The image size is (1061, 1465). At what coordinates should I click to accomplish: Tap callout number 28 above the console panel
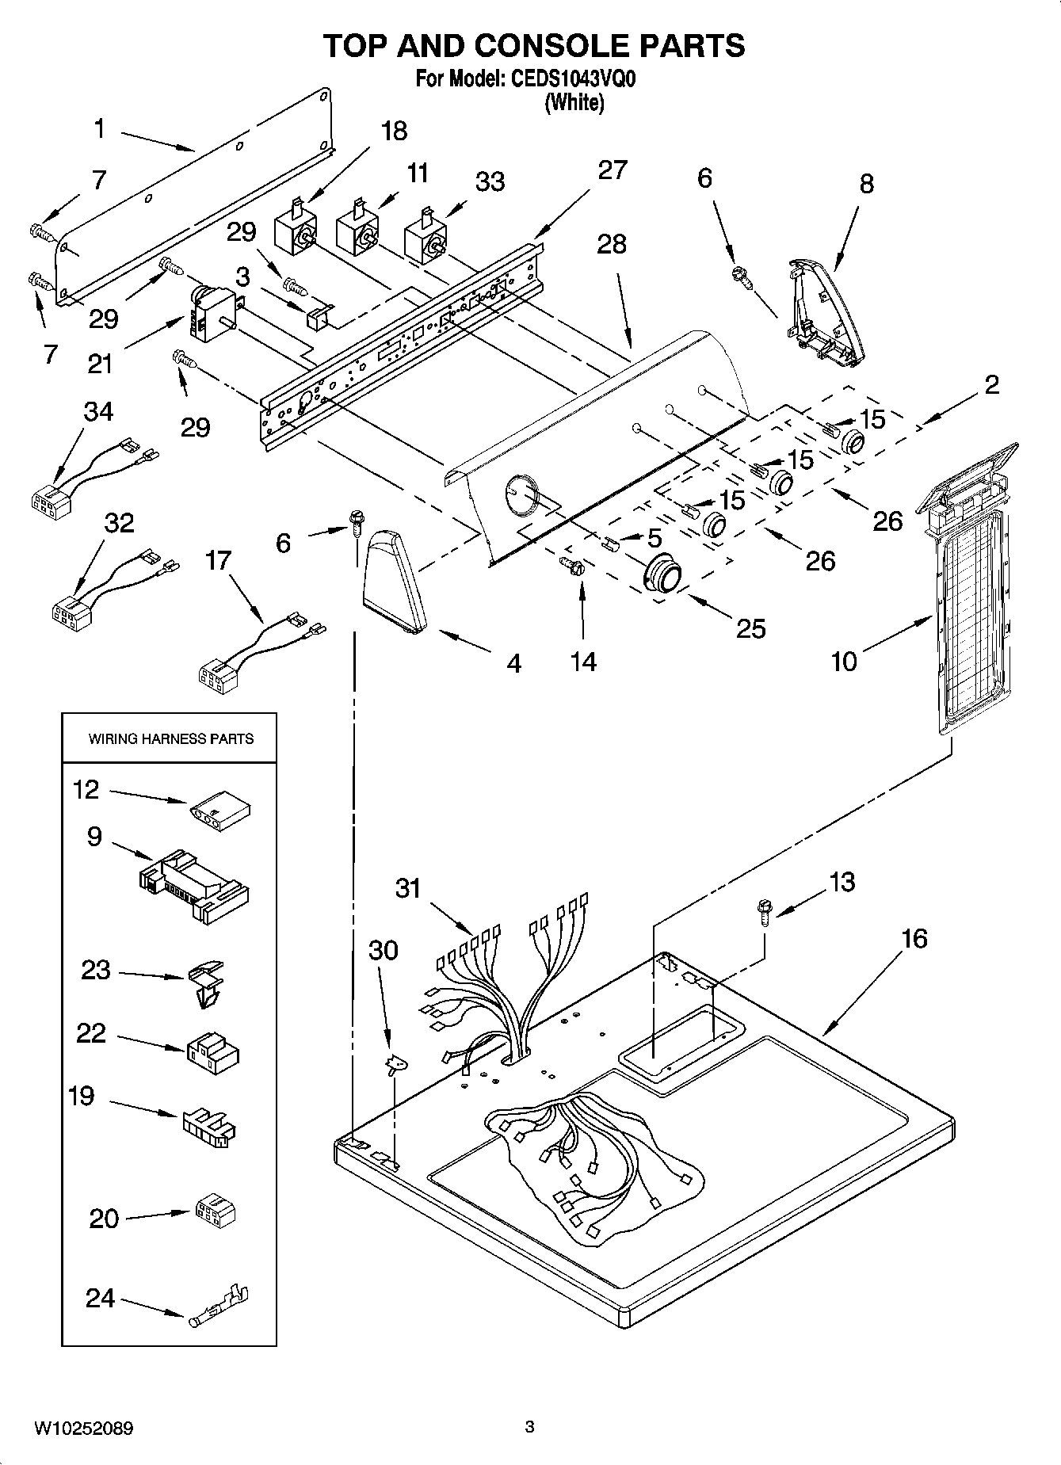pos(612,244)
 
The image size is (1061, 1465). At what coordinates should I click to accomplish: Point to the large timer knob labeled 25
pos(663,572)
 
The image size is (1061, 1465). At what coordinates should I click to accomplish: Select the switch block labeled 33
pos(424,235)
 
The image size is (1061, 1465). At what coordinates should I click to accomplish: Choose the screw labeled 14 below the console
pos(572,565)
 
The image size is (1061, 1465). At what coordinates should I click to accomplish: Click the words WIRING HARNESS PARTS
pos(170,738)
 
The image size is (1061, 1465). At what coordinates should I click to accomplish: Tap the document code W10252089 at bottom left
pos(83,1429)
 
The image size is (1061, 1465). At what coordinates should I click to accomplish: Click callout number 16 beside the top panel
pos(914,939)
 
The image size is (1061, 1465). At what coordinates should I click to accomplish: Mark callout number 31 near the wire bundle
pos(408,888)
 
